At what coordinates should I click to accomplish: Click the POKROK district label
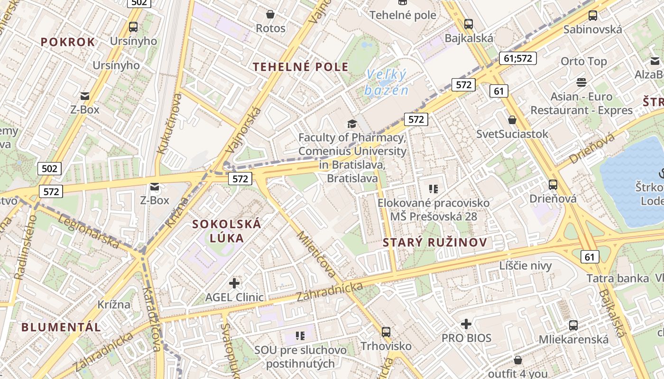pos(68,42)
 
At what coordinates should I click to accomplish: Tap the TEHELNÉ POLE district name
pos(301,67)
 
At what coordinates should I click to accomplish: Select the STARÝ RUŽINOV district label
pos(435,243)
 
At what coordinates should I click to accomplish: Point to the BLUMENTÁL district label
pos(61,327)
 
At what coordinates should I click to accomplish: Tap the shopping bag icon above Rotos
pos(270,14)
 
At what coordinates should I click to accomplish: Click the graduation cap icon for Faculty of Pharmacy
pos(352,124)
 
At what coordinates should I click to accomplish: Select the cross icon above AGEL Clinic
pos(234,283)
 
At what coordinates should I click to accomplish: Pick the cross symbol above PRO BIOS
pos(466,324)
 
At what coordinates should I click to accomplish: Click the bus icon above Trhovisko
pos(386,332)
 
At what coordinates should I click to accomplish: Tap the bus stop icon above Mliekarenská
pos(573,325)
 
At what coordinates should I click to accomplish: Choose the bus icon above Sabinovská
pos(593,15)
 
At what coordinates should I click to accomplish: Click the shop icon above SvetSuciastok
pos(512,119)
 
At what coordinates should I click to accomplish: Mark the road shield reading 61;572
pos(517,58)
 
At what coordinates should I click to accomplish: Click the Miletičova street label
pos(316,254)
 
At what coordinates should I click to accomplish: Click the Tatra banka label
pos(618,278)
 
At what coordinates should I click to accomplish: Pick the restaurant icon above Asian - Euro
pos(581,82)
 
